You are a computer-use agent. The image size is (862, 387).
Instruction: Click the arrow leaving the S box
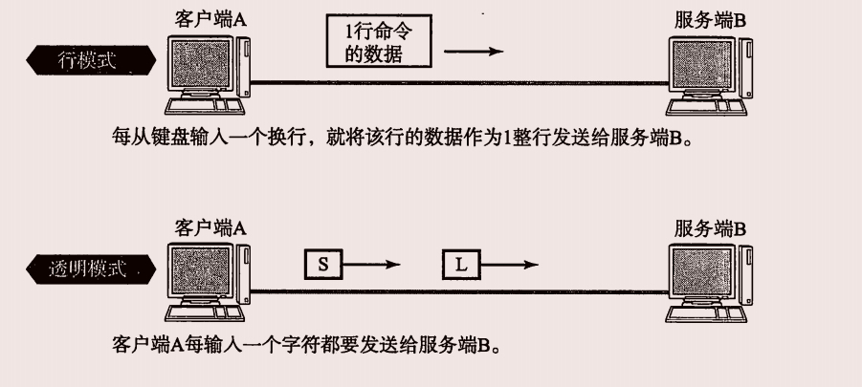369,265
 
